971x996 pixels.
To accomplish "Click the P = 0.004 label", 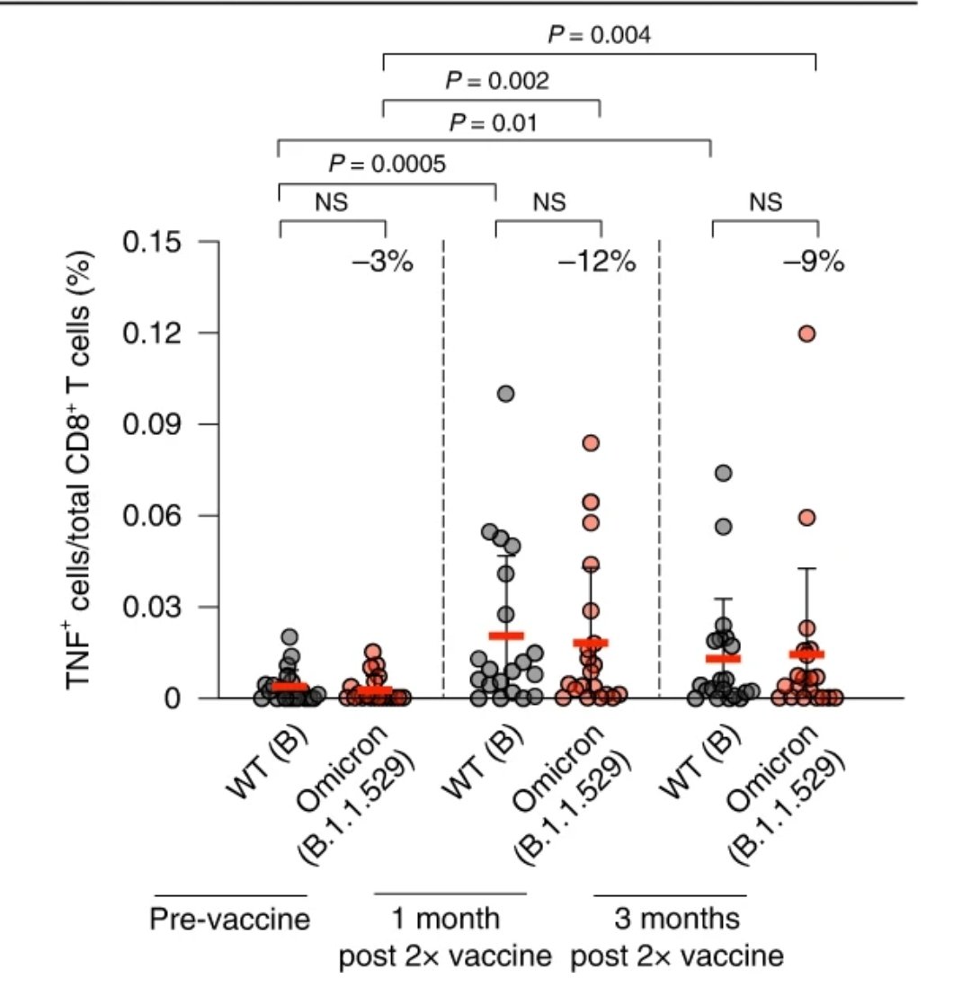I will pyautogui.click(x=600, y=35).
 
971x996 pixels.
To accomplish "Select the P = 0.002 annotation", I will pyautogui.click(x=497, y=81).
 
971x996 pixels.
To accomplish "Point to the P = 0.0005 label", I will pyautogui.click(x=387, y=164).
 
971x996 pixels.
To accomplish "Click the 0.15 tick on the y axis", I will pyautogui.click(x=162, y=243).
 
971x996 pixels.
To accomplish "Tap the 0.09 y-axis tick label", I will pyautogui.click(x=162, y=424).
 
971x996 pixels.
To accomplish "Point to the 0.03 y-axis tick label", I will pyautogui.click(x=162, y=607).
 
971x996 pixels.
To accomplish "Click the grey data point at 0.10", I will pyautogui.click(x=506, y=394).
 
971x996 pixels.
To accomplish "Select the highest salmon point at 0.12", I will pyautogui.click(x=806, y=333).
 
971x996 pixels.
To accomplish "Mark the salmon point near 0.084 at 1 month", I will pyautogui.click(x=591, y=442).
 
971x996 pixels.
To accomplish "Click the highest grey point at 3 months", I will pyautogui.click(x=723, y=473).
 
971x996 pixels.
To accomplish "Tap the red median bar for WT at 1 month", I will pyautogui.click(x=506, y=636).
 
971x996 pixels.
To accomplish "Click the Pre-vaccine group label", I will pyautogui.click(x=229, y=920).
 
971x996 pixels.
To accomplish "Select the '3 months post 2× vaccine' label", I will pyautogui.click(x=676, y=937).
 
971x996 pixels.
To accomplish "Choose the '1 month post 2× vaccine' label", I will pyautogui.click(x=445, y=937).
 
